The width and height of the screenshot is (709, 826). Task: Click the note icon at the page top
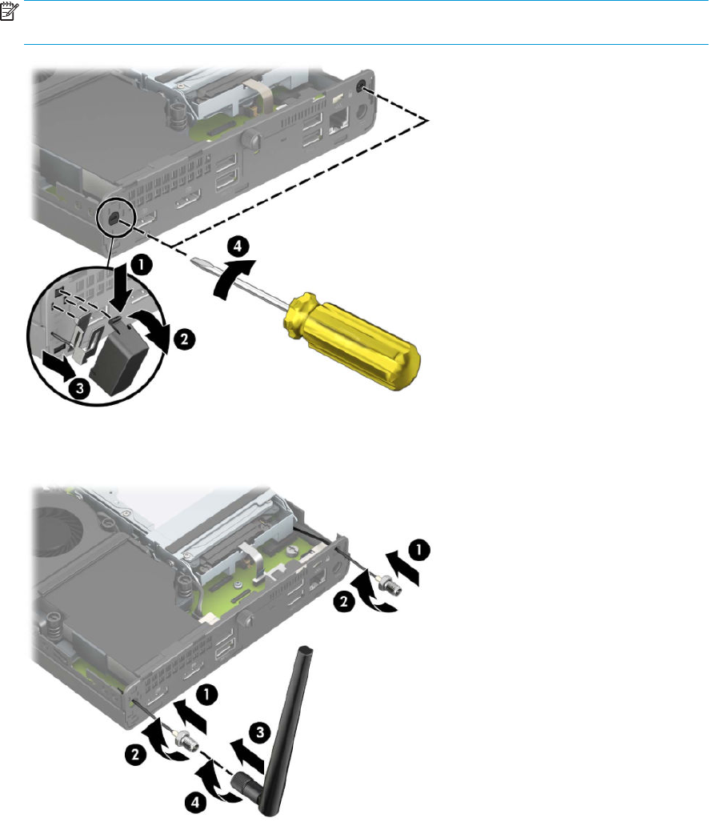tap(9, 11)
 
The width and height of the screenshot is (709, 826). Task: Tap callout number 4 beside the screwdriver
tap(238, 246)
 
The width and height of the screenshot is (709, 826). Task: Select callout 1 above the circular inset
tap(141, 265)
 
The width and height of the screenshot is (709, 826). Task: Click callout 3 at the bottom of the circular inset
tap(79, 389)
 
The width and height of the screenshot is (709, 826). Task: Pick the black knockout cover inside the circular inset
tap(121, 359)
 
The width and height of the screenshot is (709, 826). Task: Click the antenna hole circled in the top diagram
tap(114, 219)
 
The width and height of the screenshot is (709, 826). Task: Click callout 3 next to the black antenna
tap(260, 732)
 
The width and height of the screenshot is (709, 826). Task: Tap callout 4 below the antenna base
tap(195, 803)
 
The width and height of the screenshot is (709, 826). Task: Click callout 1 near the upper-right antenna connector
tap(419, 550)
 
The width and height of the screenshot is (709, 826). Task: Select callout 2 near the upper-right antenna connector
tap(344, 601)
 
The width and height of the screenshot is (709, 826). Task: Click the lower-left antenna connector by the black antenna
tap(187, 741)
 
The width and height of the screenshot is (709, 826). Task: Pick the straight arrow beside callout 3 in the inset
tap(60, 367)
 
